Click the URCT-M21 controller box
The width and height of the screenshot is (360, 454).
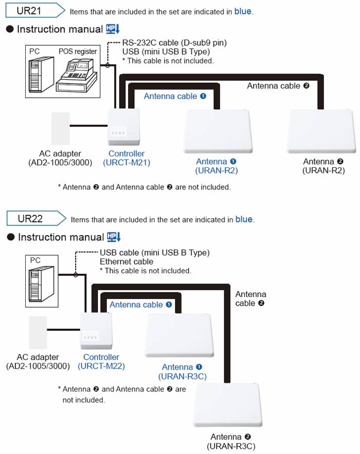point(123,127)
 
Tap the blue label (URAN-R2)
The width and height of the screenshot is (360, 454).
point(217,170)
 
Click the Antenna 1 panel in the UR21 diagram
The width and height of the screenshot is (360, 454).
point(218,131)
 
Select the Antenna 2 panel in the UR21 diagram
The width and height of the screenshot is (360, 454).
point(321,131)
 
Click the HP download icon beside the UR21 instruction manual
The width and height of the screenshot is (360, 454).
point(113,29)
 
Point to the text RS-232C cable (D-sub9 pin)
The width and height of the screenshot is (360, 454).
point(174,42)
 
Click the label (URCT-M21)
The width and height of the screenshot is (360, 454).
point(127,163)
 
